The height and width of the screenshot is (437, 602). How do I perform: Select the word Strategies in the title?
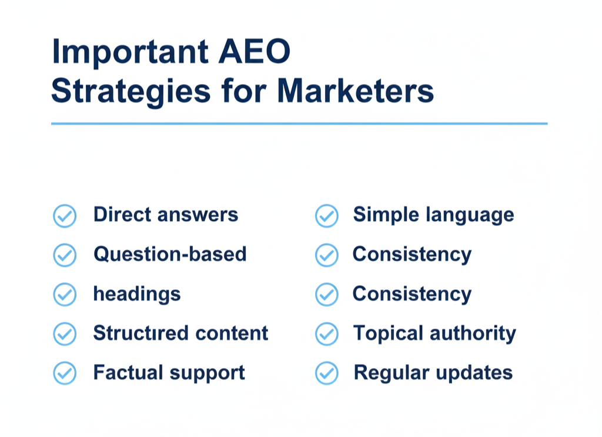click(x=131, y=92)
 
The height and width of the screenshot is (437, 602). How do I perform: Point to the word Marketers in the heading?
click(x=356, y=92)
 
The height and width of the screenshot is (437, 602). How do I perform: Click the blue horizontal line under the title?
click(x=299, y=124)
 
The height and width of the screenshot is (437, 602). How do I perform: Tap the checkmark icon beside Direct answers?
click(x=65, y=216)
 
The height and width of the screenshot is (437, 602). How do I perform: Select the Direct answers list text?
click(x=166, y=215)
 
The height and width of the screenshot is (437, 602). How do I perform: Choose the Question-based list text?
click(x=170, y=254)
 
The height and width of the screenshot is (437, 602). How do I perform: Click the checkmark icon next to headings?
click(x=65, y=295)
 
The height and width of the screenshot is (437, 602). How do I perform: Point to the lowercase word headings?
click(x=137, y=294)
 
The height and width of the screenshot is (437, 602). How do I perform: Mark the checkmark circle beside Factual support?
click(x=65, y=373)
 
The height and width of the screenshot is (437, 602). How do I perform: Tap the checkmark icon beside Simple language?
click(x=327, y=216)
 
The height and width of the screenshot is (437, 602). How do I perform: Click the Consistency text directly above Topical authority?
click(x=412, y=293)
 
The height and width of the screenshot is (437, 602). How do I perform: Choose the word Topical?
click(x=388, y=333)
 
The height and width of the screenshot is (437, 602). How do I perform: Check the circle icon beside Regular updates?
click(x=327, y=373)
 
